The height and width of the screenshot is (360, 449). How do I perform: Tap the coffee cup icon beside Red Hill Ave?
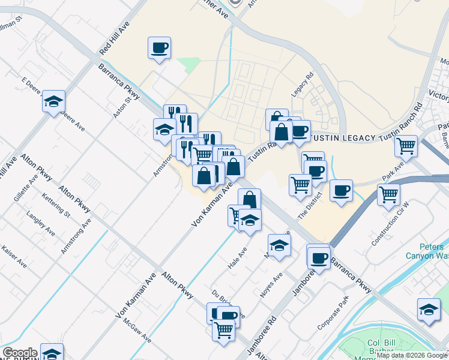[159, 48]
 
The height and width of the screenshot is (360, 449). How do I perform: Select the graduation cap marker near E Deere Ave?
[53, 101]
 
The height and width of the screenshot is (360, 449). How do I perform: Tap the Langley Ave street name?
[40, 223]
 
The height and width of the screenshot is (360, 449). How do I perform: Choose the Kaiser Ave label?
[14, 256]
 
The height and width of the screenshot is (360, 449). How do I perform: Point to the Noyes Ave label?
[271, 286]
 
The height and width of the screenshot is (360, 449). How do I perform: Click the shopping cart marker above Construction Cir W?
[388, 194]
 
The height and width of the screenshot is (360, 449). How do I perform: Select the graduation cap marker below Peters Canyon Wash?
[428, 309]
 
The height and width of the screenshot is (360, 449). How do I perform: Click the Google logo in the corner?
[20, 353]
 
